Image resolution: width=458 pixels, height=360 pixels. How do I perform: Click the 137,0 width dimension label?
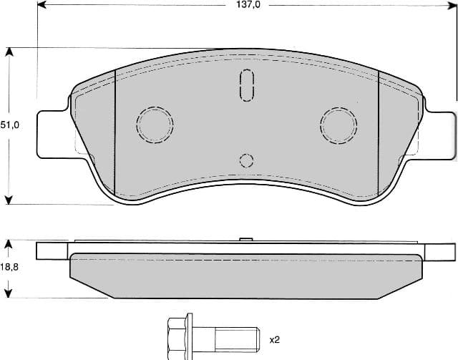(x=245, y=5)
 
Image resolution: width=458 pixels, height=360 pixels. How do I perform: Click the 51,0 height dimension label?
(x=9, y=125)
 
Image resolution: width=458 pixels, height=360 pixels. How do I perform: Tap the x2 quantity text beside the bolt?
(x=275, y=339)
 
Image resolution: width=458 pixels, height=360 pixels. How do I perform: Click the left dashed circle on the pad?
(x=155, y=125)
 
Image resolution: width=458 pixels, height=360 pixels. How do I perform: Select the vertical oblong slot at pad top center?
(x=246, y=86)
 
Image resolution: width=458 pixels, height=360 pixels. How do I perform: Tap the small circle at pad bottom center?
(x=246, y=160)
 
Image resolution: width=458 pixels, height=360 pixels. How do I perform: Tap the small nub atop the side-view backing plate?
(x=245, y=240)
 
